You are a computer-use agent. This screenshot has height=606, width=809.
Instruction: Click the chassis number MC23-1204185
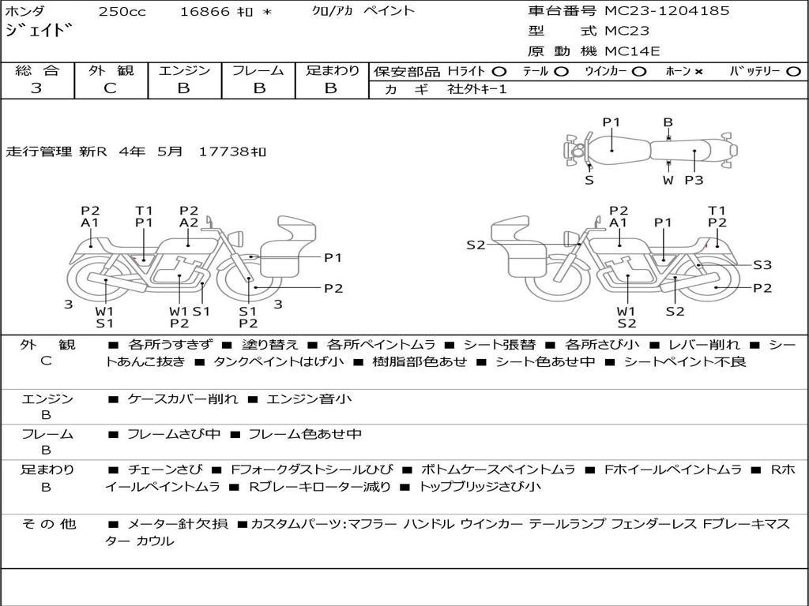[667, 11]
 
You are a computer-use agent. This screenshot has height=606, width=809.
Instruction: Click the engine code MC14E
[632, 51]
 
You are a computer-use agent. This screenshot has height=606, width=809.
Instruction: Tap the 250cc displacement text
[122, 11]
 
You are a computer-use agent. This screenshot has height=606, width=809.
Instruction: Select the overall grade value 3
[36, 88]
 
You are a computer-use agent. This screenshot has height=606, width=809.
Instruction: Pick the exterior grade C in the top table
[110, 88]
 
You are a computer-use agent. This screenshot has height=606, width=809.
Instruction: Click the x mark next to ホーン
[698, 72]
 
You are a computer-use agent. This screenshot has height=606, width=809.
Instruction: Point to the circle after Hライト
[499, 72]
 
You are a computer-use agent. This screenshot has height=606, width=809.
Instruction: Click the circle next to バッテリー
[793, 72]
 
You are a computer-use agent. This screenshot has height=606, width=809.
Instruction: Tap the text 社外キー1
[477, 89]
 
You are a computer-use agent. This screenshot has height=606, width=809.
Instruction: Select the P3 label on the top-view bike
[694, 180]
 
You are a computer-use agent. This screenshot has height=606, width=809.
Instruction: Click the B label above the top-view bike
[668, 122]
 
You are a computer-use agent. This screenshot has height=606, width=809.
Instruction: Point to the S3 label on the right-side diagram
[762, 265]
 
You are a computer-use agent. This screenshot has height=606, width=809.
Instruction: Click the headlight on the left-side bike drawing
[238, 239]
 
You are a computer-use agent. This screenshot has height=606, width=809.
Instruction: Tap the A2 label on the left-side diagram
[189, 223]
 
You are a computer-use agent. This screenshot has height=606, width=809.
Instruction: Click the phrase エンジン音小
[309, 398]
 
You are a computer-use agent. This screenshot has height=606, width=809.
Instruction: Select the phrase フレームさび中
[174, 434]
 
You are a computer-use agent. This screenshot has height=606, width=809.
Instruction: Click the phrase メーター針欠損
[178, 524]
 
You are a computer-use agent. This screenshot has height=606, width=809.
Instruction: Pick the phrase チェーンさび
[165, 469]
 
